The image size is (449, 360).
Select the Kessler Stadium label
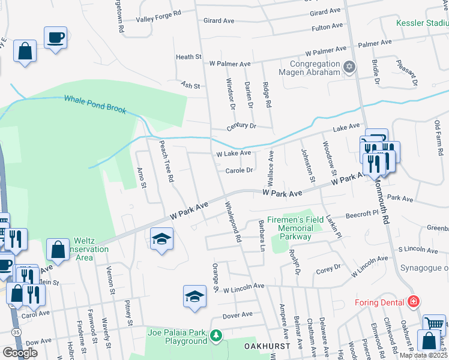[x=423, y=23]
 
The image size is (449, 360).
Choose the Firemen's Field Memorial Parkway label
[x=290, y=228]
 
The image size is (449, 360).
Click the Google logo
[x=20, y=352]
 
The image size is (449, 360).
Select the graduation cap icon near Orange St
[x=194, y=296]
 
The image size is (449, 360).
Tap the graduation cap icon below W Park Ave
[x=161, y=239]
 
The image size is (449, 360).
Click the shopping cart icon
[x=434, y=325]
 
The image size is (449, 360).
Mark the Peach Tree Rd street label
[x=166, y=161]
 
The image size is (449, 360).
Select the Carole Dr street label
[x=239, y=170]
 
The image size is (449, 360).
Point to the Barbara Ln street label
[x=262, y=235]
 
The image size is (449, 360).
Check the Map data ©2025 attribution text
[x=423, y=355]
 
